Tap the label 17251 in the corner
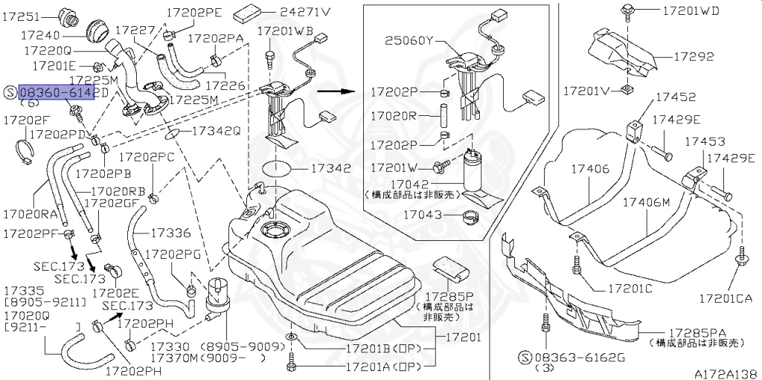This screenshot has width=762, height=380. pos(22,16)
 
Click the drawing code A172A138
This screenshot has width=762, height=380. pos(726,373)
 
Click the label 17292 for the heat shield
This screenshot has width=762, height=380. pos(694,57)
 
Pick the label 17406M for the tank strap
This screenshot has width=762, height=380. pos(646,202)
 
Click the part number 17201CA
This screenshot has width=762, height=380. pos(725,298)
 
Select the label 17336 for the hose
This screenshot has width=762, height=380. pos(170,233)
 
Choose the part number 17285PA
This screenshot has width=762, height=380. pos(698,332)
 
